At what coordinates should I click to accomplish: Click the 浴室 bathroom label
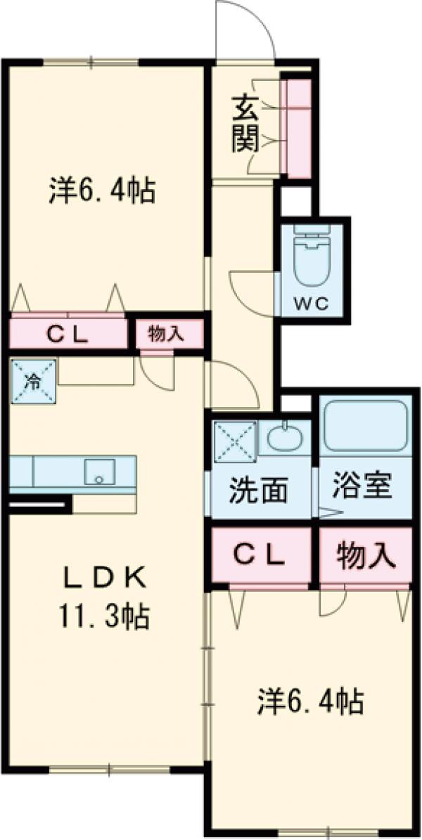click(363, 487)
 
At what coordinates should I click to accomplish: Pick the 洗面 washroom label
click(258, 490)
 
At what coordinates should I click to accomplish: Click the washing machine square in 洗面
click(234, 439)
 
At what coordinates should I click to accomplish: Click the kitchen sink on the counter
click(99, 472)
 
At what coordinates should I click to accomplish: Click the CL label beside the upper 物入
click(68, 335)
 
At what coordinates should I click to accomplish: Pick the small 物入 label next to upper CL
click(166, 335)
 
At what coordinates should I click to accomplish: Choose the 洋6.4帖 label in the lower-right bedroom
click(310, 701)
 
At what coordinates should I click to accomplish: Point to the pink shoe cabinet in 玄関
click(296, 128)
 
